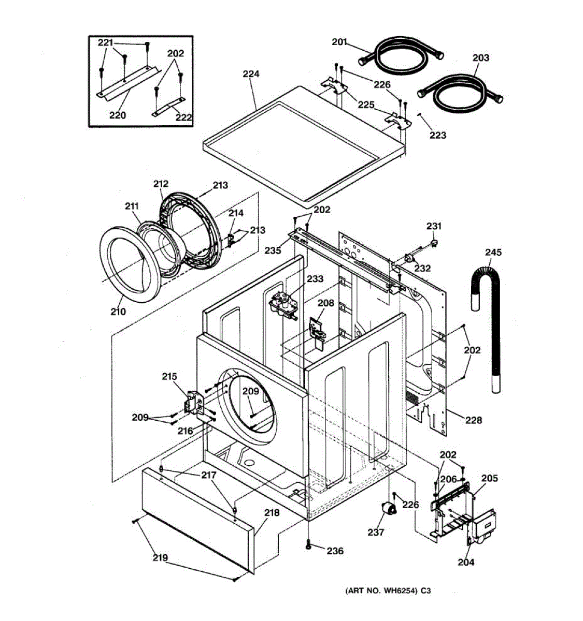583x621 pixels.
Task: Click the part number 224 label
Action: [251, 74]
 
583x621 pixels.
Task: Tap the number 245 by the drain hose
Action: [493, 252]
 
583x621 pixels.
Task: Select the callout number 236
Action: [335, 551]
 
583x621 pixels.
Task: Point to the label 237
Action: [376, 532]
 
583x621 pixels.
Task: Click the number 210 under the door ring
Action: [118, 312]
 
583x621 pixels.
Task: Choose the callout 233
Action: [315, 279]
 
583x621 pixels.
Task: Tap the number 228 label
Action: [473, 420]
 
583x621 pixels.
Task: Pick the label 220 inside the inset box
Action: [117, 115]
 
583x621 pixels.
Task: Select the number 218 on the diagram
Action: [272, 513]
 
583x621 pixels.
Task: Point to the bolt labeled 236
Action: [309, 544]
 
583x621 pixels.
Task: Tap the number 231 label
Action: [434, 226]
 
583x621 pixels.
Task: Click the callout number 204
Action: [465, 562]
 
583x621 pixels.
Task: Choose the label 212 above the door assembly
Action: [161, 184]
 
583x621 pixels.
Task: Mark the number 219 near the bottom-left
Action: [160, 557]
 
